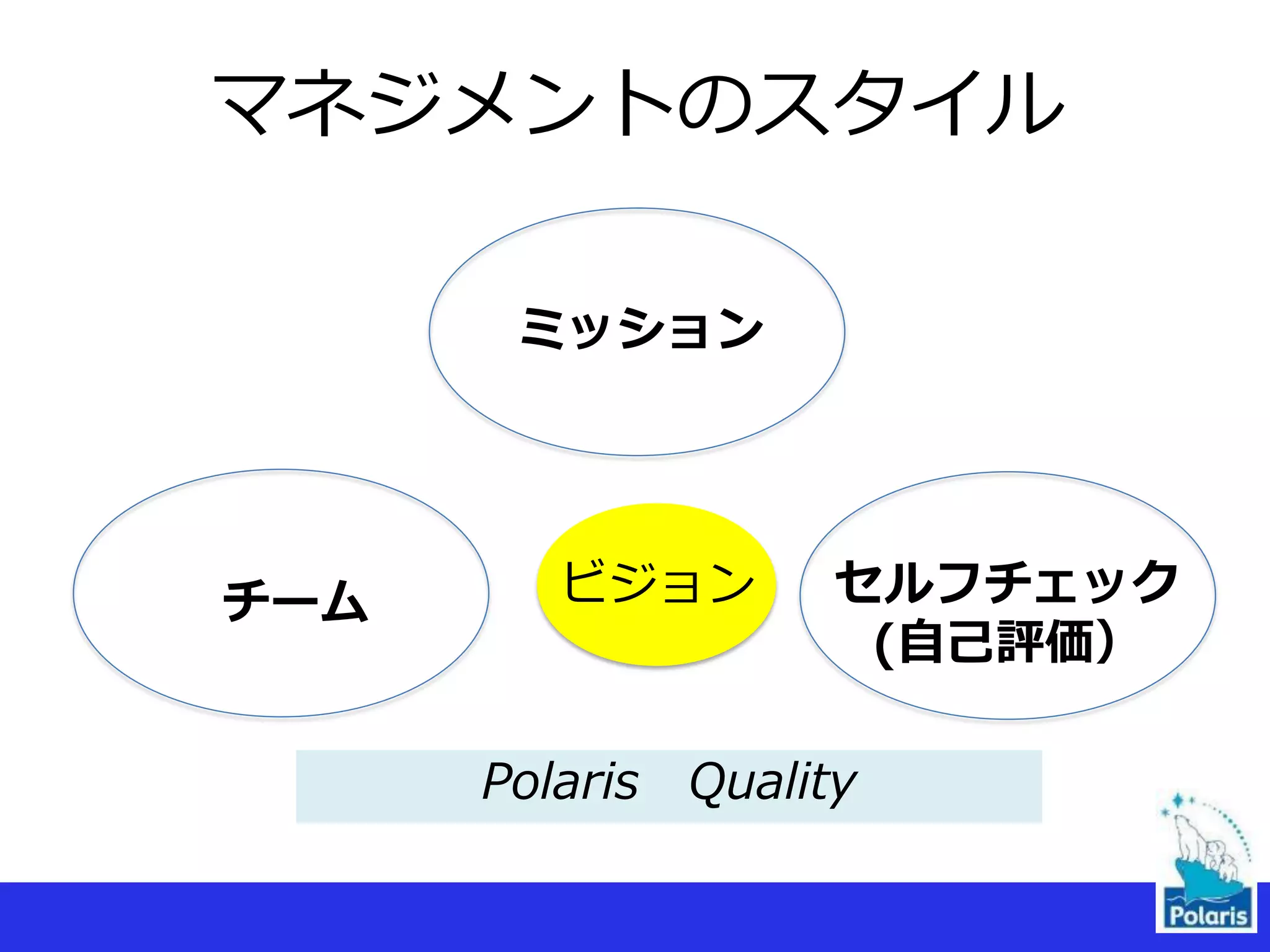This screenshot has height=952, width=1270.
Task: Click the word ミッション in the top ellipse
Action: point(642,328)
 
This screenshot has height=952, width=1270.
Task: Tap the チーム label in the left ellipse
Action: point(295,600)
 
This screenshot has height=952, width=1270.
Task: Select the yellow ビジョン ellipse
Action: point(657,584)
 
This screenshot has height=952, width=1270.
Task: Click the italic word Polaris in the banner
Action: point(560,782)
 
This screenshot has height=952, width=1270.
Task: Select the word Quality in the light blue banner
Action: point(773,783)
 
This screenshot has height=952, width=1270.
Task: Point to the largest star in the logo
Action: point(1177,800)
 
